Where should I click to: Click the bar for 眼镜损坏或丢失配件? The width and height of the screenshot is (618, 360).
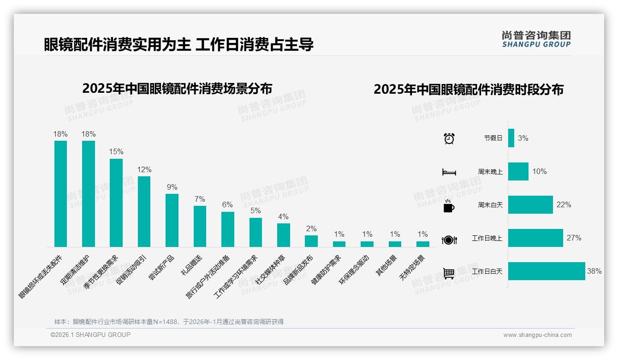tap(60, 194)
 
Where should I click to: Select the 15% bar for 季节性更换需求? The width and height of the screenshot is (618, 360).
tap(116, 203)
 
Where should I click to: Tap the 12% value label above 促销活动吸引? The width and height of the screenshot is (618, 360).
tap(144, 170)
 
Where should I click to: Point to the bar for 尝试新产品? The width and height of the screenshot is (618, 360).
tap(172, 220)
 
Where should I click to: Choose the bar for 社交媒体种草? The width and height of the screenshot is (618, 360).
tap(283, 235)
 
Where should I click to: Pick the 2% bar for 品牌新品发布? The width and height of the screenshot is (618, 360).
tap(311, 241)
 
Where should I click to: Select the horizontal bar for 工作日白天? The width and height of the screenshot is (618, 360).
tap(547, 271)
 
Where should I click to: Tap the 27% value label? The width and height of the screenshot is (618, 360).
tap(574, 238)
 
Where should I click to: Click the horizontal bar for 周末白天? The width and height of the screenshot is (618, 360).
tap(530, 204)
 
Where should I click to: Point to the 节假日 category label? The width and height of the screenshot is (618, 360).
tap(493, 138)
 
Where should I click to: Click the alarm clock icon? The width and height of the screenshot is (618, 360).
tap(449, 138)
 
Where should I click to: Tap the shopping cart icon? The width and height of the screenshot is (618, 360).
tap(449, 273)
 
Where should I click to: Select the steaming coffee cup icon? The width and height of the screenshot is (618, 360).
tap(449, 206)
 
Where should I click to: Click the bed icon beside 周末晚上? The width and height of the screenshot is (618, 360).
tap(449, 172)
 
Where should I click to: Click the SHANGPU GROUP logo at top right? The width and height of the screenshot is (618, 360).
tap(536, 39)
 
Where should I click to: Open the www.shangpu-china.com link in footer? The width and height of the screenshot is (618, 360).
tap(537, 335)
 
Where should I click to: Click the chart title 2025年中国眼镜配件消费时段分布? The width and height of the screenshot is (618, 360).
tap(469, 90)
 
